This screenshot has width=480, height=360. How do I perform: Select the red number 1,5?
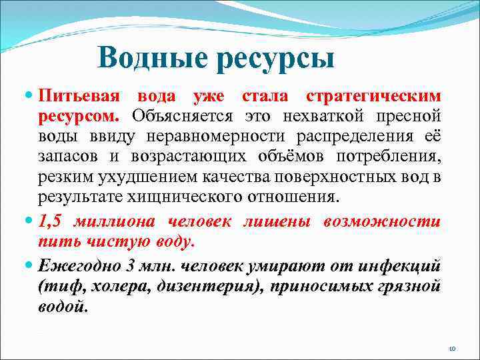(51, 222)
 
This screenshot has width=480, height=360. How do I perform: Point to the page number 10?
(451, 348)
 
